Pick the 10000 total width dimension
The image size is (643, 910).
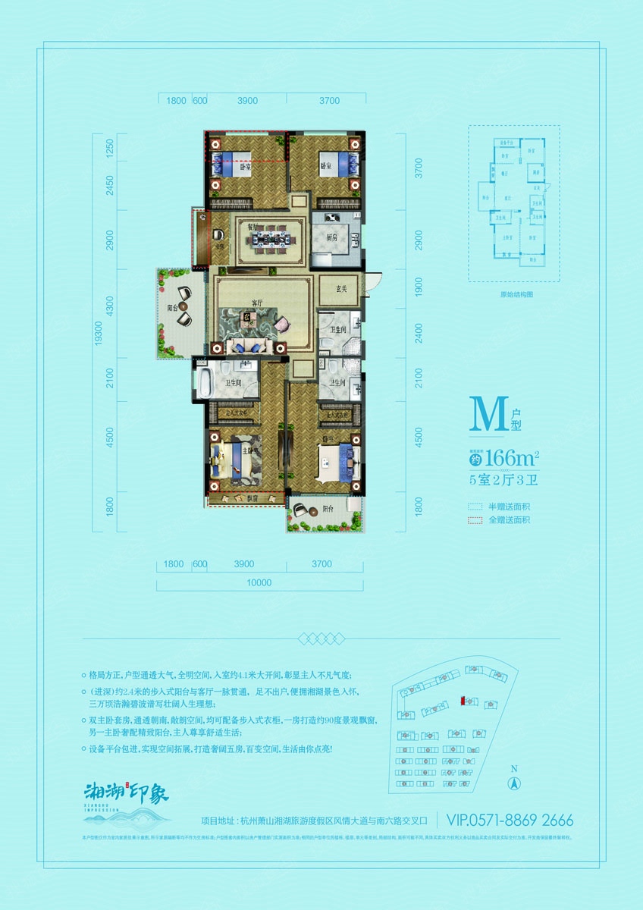(x=259, y=583)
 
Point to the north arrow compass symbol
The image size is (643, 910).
(x=513, y=783)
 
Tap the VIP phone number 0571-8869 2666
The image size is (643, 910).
(x=510, y=821)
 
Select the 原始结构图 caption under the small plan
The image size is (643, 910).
(x=513, y=294)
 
